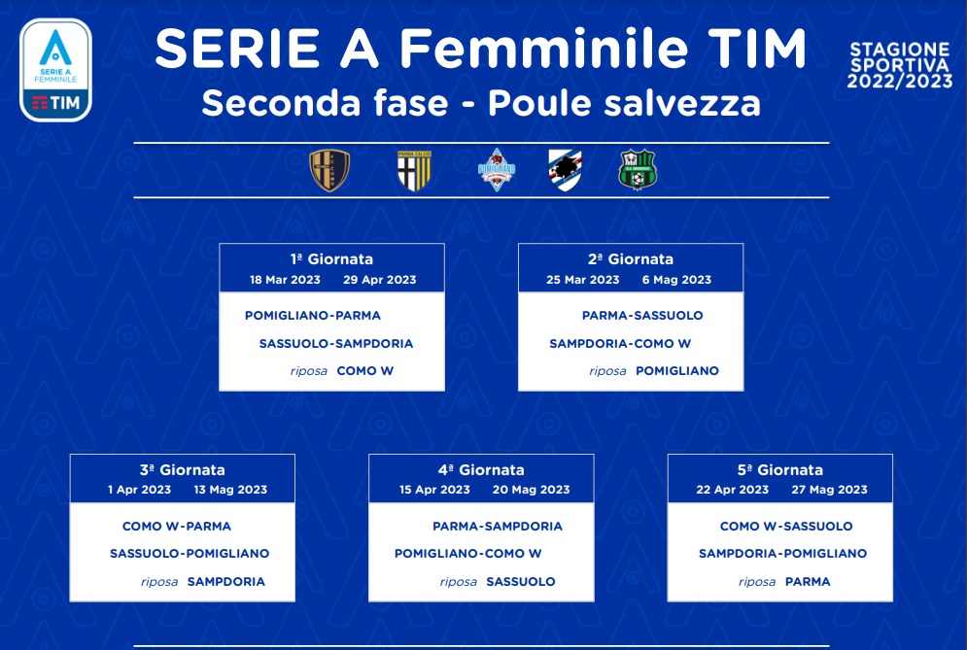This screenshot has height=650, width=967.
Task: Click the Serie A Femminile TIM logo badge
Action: [55, 70]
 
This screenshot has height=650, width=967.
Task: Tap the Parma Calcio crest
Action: [414, 170]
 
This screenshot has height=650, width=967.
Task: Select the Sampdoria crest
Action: [565, 170]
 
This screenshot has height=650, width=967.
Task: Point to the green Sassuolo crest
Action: [638, 170]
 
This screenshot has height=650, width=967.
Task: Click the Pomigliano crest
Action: [497, 169]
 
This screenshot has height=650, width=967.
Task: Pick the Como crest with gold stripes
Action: [329, 170]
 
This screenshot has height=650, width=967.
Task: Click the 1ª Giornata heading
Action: [331, 259]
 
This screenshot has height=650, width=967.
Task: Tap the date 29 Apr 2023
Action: [380, 280]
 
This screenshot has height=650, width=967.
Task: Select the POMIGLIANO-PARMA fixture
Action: [313, 315]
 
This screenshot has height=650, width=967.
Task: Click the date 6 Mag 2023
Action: [676, 280]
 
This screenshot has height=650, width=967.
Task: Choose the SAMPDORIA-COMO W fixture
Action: [620, 344]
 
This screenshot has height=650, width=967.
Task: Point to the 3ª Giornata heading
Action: [183, 470]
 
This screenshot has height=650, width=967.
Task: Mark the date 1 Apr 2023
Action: [139, 490]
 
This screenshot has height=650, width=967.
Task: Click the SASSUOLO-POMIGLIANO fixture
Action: [190, 553]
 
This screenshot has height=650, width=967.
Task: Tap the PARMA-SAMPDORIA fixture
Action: [498, 526]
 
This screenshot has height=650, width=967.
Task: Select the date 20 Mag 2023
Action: [531, 490]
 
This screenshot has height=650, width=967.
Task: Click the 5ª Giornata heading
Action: [780, 470]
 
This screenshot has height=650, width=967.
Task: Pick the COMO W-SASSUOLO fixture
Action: [786, 526]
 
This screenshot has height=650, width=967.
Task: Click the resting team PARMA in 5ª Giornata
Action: [808, 582]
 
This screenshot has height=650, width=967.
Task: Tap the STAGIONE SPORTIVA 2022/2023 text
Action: [900, 65]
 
